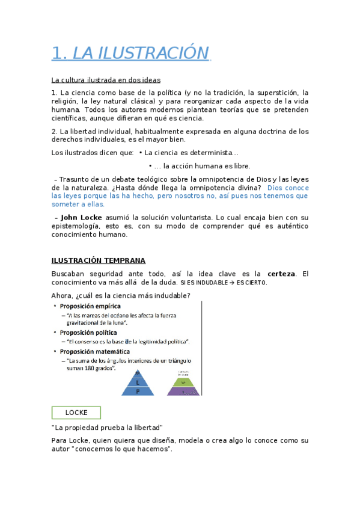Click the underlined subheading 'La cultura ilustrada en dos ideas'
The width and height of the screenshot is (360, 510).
click(106, 79)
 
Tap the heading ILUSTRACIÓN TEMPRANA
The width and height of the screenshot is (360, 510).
click(98, 260)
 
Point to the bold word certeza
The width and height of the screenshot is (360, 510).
click(281, 274)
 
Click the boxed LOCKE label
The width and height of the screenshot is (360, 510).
click(76, 413)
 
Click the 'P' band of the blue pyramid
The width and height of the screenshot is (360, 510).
click(138, 390)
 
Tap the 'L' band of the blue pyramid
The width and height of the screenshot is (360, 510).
click(138, 382)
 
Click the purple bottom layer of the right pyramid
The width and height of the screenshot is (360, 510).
click(183, 391)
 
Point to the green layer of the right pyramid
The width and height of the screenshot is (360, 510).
click(183, 382)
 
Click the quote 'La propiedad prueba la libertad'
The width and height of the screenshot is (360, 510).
click(108, 428)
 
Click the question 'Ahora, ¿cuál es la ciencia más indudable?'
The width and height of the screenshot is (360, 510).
click(121, 295)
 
